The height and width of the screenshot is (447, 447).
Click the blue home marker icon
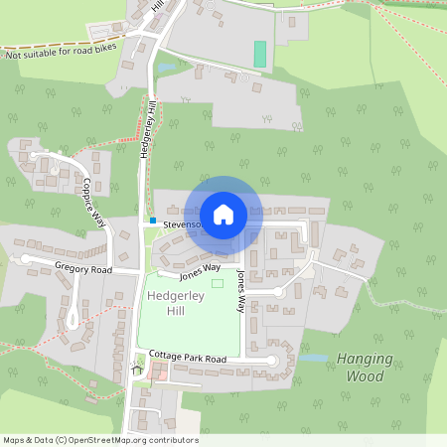(x=223, y=215)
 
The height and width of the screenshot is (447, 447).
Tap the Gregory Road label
(x=83, y=269)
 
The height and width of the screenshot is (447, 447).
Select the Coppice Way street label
(x=92, y=202)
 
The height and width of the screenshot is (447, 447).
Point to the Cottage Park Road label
(x=188, y=358)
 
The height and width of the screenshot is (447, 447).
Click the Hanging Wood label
(x=365, y=368)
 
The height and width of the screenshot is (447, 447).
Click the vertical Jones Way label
(x=240, y=291)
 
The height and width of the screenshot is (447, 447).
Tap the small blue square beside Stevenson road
(x=153, y=220)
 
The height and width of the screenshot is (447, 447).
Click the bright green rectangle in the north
(x=260, y=54)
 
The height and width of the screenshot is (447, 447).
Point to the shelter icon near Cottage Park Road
(x=137, y=370)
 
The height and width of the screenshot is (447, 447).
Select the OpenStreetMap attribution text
(x=100, y=440)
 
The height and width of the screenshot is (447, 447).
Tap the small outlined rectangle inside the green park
(x=218, y=284)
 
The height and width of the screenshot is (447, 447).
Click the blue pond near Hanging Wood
(x=313, y=358)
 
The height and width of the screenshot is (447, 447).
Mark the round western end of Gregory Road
(x=27, y=259)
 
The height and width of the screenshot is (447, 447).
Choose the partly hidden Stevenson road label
(x=182, y=224)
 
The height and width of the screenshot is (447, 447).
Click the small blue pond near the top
(x=166, y=68)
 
